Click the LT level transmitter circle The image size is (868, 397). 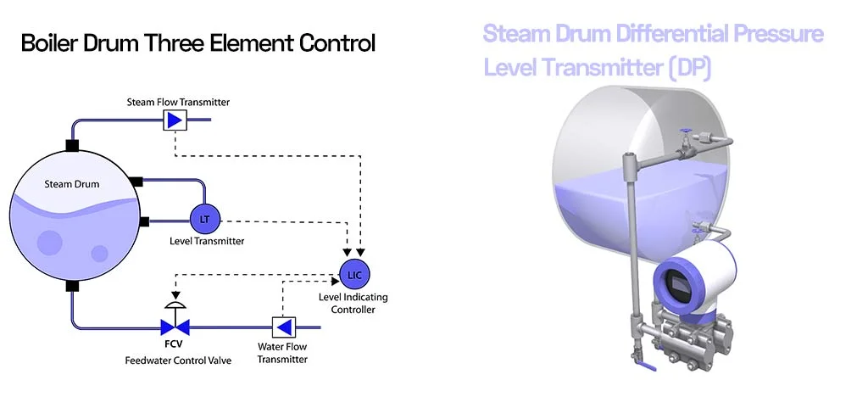(204, 219)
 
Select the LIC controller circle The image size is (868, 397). (354, 272)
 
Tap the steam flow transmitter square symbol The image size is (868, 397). (175, 120)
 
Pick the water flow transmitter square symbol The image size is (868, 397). (282, 327)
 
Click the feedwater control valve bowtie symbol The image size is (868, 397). (175, 326)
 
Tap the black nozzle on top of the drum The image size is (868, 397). (73, 145)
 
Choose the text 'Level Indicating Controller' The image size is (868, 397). (347, 304)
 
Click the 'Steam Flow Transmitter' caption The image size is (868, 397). (178, 102)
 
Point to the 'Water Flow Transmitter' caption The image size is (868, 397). (282, 353)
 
